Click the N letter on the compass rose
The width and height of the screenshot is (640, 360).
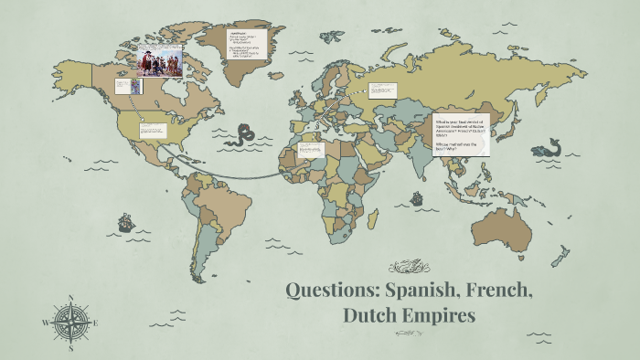point(71,297)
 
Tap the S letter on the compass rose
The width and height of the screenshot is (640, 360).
point(71,347)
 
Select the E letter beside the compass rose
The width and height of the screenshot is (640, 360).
point(96,323)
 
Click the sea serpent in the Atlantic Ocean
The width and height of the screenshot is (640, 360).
point(245,138)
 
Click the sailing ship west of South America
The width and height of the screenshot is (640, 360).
point(125,222)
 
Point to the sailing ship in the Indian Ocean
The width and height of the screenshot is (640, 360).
point(416,197)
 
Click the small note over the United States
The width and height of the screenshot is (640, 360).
point(151,131)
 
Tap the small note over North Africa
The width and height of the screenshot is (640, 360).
point(311,148)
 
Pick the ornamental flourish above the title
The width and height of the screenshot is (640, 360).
point(409,268)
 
